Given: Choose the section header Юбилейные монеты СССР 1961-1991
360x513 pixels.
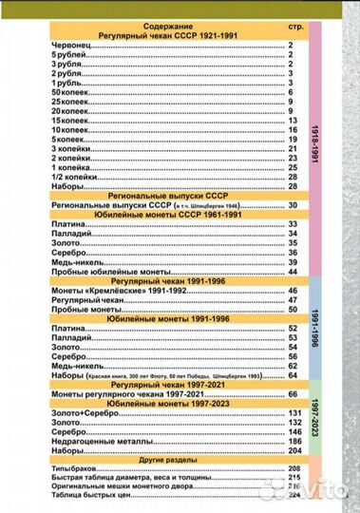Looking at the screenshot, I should (156, 213).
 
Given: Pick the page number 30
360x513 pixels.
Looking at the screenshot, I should (293, 203).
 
